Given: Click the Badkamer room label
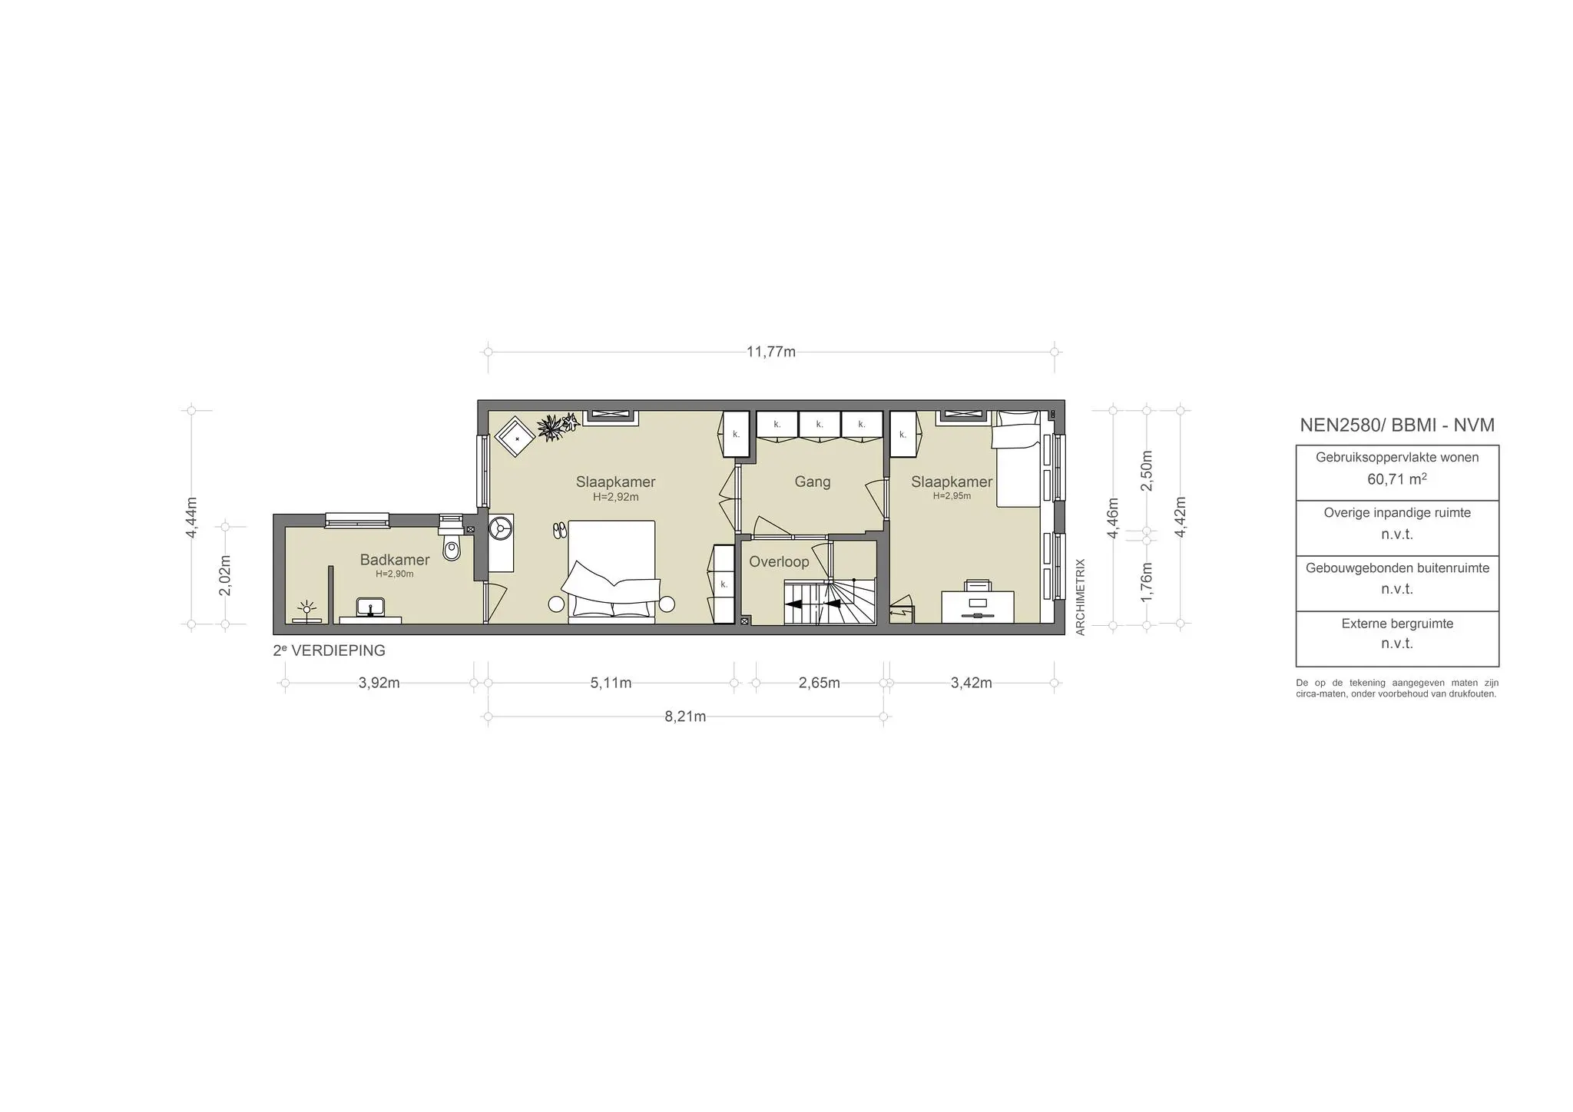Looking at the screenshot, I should click(x=394, y=560).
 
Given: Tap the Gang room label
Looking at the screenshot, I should click(x=812, y=482).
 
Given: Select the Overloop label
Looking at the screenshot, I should click(x=779, y=562).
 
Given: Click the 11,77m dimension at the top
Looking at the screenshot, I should click(x=770, y=352).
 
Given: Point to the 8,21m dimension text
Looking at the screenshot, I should click(x=685, y=717).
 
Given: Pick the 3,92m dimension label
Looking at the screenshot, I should click(x=379, y=683).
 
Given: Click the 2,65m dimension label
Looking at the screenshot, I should click(x=819, y=683).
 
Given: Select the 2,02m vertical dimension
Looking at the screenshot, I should click(x=225, y=574).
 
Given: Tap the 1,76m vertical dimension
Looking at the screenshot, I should click(x=1146, y=582).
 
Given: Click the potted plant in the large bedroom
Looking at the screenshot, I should click(x=551, y=427).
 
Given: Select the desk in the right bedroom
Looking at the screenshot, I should click(x=977, y=606).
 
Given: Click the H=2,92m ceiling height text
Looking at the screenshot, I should click(x=615, y=497).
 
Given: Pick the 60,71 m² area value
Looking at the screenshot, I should click(x=1396, y=479).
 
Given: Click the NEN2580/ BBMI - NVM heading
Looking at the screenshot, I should click(x=1396, y=425).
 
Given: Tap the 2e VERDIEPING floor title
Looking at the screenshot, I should click(x=329, y=650).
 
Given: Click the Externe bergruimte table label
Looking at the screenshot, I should click(x=1396, y=624).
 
